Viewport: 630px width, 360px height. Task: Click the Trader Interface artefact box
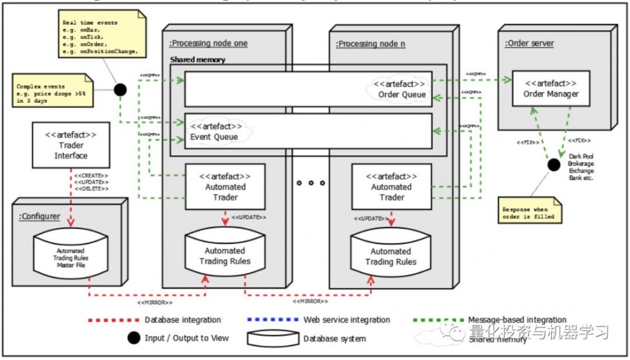tap(71, 144)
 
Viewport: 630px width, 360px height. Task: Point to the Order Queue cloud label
tap(401, 89)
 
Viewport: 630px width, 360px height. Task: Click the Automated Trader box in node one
tap(226, 187)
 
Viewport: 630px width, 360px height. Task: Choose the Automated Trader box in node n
tap(391, 187)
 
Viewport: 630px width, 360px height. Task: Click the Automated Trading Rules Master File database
tap(71, 257)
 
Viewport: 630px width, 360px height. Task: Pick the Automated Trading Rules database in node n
tap(391, 256)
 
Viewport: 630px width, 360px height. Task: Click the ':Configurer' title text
tap(40, 216)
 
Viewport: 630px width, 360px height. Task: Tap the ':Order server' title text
tap(529, 43)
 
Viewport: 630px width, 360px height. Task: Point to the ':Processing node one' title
tap(208, 44)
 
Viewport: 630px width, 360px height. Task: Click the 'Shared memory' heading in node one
tap(197, 60)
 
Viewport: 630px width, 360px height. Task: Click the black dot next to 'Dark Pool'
tap(553, 165)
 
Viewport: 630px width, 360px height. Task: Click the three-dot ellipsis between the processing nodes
tap(309, 183)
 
